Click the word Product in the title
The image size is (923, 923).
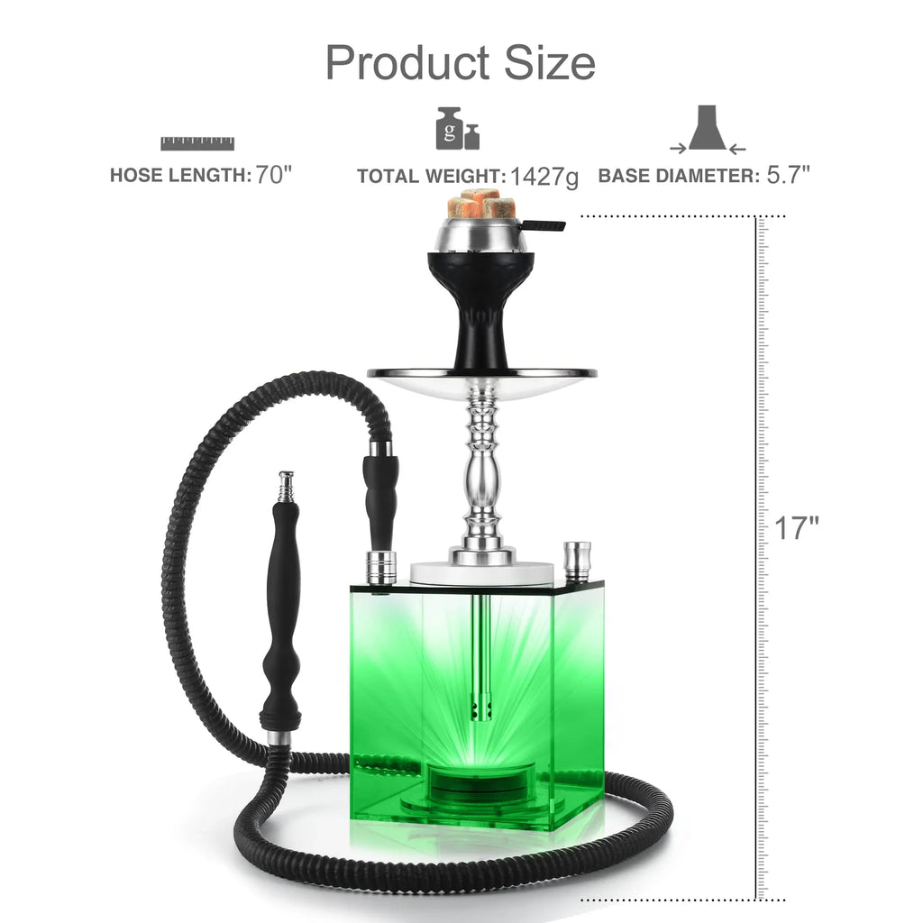(407, 62)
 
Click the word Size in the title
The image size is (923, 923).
(550, 62)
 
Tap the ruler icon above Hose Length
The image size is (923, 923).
(197, 143)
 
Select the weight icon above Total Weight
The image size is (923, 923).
(457, 128)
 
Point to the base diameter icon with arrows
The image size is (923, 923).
(708, 130)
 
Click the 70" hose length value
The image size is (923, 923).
(274, 175)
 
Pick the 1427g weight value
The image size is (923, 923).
(544, 177)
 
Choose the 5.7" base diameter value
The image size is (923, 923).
(788, 175)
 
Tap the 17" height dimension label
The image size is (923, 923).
(796, 528)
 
